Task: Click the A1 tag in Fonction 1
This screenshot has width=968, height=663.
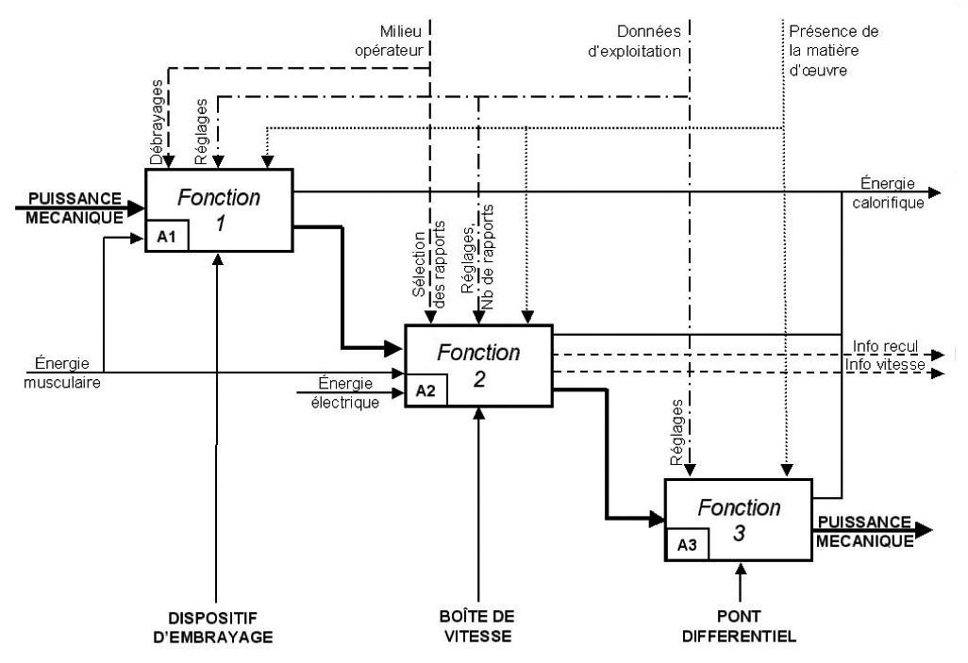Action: (167, 237)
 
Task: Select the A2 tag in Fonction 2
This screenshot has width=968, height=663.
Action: (426, 390)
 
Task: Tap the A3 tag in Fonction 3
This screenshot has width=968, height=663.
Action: (687, 545)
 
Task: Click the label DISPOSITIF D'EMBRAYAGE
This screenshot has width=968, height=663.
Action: (213, 628)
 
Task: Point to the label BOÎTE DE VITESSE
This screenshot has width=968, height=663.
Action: (477, 626)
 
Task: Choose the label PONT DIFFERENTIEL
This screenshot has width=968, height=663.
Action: (739, 626)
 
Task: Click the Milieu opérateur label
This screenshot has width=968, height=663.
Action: (389, 41)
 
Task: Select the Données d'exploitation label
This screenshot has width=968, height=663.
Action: (635, 41)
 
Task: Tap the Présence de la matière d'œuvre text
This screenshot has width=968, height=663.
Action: (833, 51)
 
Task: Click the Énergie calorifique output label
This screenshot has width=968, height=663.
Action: (889, 193)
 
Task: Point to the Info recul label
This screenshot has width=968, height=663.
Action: (885, 346)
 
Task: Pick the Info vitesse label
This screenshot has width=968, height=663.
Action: (885, 364)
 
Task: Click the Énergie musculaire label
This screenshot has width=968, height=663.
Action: (61, 373)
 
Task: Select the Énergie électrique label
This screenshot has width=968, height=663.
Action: (345, 393)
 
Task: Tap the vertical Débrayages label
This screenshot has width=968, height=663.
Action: (157, 123)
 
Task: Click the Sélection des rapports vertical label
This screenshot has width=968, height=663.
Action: (429, 265)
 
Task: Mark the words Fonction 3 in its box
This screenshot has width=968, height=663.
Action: (739, 520)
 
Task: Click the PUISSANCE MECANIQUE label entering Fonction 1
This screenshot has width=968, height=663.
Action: (75, 208)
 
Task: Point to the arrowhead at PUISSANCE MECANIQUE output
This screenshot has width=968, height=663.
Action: (924, 530)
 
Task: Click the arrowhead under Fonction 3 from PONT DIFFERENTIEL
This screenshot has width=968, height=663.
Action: (741, 568)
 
